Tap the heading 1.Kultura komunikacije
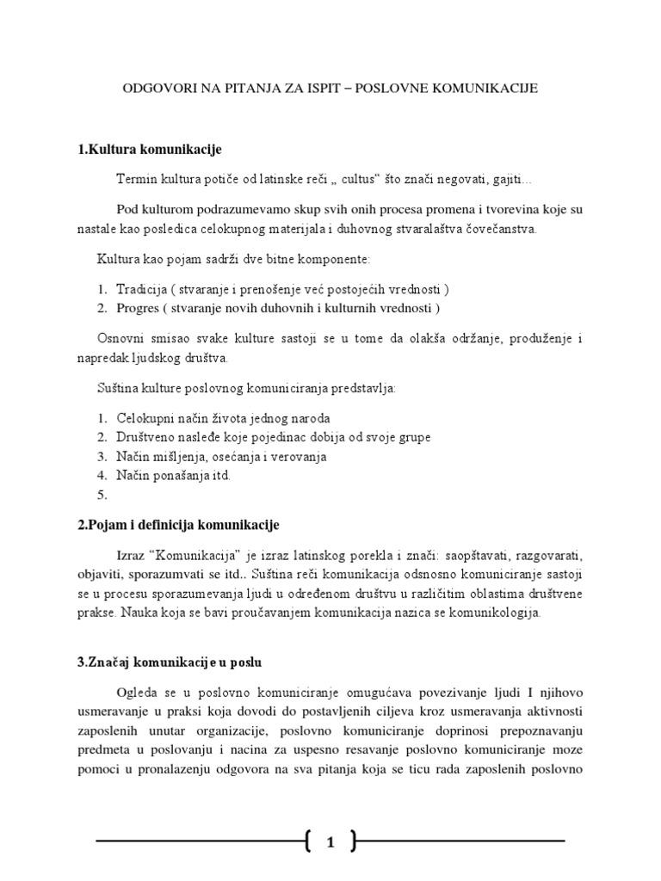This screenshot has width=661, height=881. (x=150, y=150)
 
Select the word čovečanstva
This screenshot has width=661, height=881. (x=500, y=230)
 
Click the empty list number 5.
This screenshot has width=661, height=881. (x=102, y=495)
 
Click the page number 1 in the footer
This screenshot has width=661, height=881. (x=330, y=844)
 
